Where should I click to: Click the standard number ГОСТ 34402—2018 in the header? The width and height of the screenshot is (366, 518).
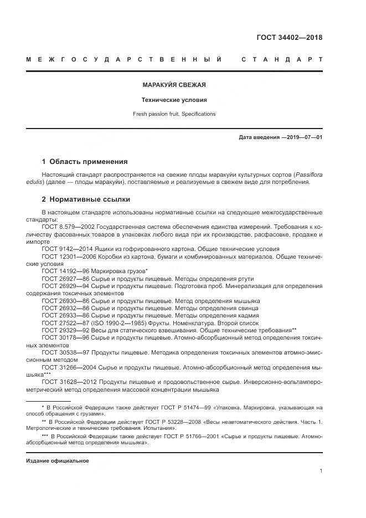pos(289,38)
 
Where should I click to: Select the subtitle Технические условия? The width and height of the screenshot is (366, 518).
pos(174,100)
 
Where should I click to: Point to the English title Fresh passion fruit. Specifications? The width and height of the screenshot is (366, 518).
pos(174,114)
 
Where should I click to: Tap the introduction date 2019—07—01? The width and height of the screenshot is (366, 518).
pos(303,137)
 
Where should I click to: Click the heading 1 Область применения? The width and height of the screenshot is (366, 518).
pos(85,162)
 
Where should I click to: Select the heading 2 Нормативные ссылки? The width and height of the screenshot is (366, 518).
pos(86,199)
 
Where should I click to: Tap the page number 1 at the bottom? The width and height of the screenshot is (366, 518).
pos(321,471)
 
